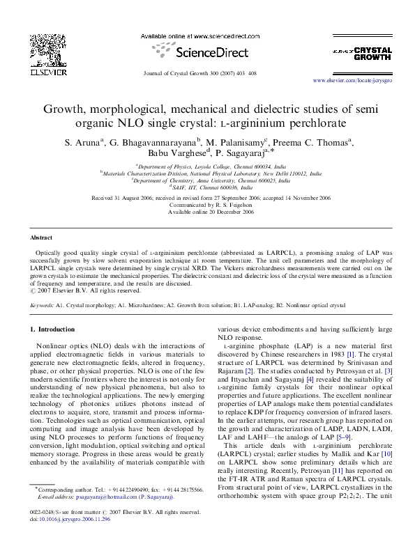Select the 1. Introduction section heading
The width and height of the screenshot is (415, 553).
click(56, 328)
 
